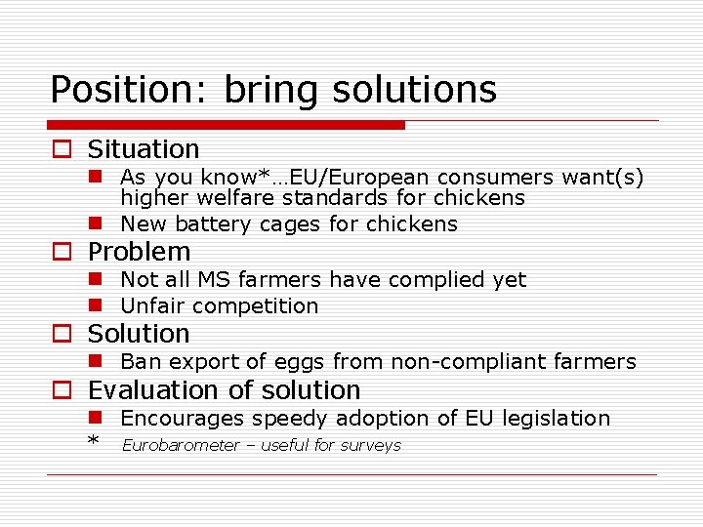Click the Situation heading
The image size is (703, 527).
(143, 149)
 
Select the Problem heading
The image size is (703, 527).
(139, 252)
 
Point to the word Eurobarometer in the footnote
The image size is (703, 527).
(181, 446)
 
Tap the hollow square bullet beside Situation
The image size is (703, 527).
(62, 150)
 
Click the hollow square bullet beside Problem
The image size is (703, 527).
(62, 253)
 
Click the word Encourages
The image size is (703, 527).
(183, 419)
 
